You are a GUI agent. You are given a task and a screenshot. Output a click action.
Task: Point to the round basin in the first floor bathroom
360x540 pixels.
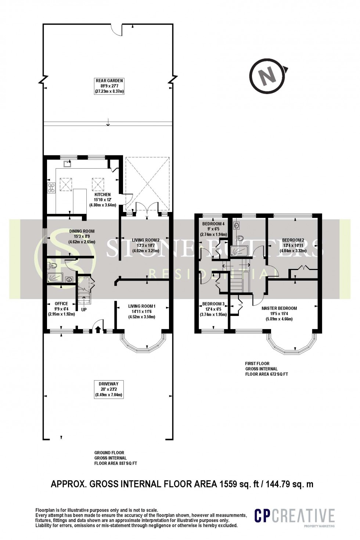click(236, 224)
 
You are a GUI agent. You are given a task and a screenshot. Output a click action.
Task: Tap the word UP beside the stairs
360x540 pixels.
click(84, 309)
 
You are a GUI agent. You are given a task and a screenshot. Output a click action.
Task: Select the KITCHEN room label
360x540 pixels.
click(102, 194)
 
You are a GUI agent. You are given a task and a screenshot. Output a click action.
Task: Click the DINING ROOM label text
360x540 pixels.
click(82, 231)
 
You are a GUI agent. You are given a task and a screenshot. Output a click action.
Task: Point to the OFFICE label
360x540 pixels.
click(61, 303)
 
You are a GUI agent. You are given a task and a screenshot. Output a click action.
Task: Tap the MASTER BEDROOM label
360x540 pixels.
click(279, 308)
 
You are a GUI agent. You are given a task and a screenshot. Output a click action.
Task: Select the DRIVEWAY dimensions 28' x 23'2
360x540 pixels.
click(108, 390)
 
